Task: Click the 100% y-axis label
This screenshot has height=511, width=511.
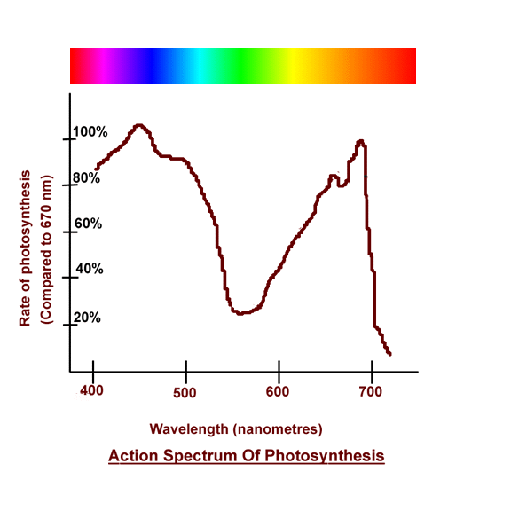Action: (90, 132)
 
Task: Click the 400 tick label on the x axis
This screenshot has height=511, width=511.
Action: (93, 390)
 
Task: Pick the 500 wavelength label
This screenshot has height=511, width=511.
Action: (185, 390)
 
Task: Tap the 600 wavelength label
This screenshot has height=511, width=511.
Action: (278, 390)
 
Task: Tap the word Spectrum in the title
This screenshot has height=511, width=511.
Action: (200, 456)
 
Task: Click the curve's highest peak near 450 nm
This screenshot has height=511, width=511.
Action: (138, 126)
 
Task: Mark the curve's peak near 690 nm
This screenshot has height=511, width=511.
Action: (360, 141)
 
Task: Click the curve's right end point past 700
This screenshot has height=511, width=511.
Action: (389, 354)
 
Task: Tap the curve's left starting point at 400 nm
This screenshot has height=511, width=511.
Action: (96, 168)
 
